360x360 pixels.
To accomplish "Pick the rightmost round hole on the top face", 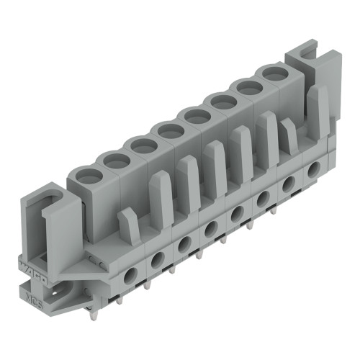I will pos(271,72).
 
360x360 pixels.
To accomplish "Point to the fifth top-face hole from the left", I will pos(194,114).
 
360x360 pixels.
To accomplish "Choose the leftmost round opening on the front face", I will pos(130,274).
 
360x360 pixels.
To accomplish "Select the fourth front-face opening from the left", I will pos(211,229).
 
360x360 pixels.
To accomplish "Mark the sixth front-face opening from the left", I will pos(263,199).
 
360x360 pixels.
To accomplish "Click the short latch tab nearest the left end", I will pos(128,225).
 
